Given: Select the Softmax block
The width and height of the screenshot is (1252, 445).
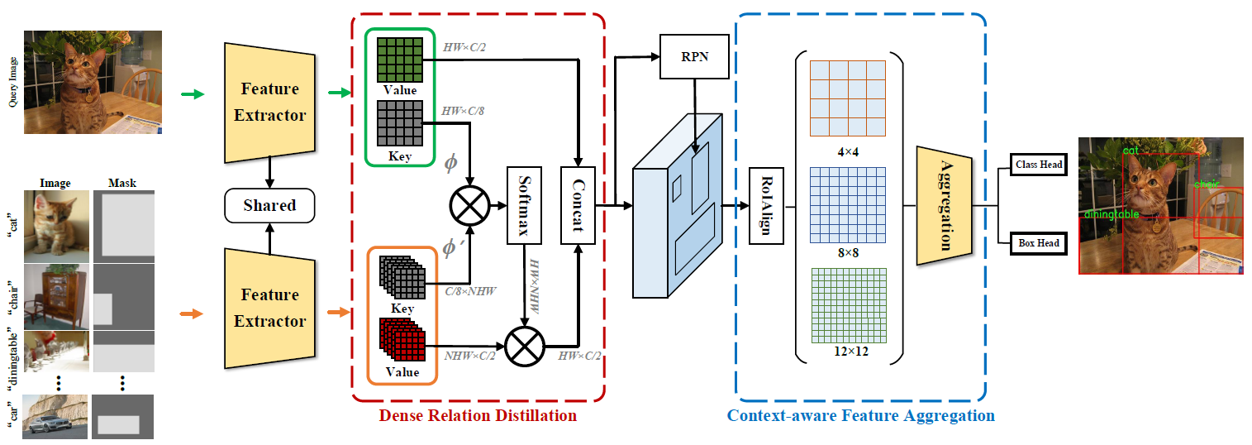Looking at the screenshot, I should (x=523, y=205).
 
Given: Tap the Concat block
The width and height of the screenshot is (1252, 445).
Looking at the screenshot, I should (x=578, y=205).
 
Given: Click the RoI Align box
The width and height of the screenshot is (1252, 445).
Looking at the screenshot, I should (x=765, y=205).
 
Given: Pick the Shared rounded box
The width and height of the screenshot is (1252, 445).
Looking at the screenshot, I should (x=269, y=205).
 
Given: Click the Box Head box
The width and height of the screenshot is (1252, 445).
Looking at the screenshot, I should (x=1038, y=243).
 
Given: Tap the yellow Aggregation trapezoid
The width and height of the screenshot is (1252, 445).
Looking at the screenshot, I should (x=942, y=205).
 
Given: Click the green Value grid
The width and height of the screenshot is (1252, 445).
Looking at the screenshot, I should (x=400, y=59).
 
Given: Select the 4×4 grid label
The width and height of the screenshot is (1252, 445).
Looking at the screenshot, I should (x=847, y=151).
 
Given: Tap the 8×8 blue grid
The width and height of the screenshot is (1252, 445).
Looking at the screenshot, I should (x=847, y=203).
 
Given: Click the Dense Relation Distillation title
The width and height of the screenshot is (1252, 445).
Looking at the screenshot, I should (x=478, y=415).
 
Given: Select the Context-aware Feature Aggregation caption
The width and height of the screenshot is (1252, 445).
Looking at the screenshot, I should (x=860, y=415).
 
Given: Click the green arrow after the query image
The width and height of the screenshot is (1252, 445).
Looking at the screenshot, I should (x=192, y=95).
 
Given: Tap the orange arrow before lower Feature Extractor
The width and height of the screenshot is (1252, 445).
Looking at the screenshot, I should (x=191, y=313).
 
